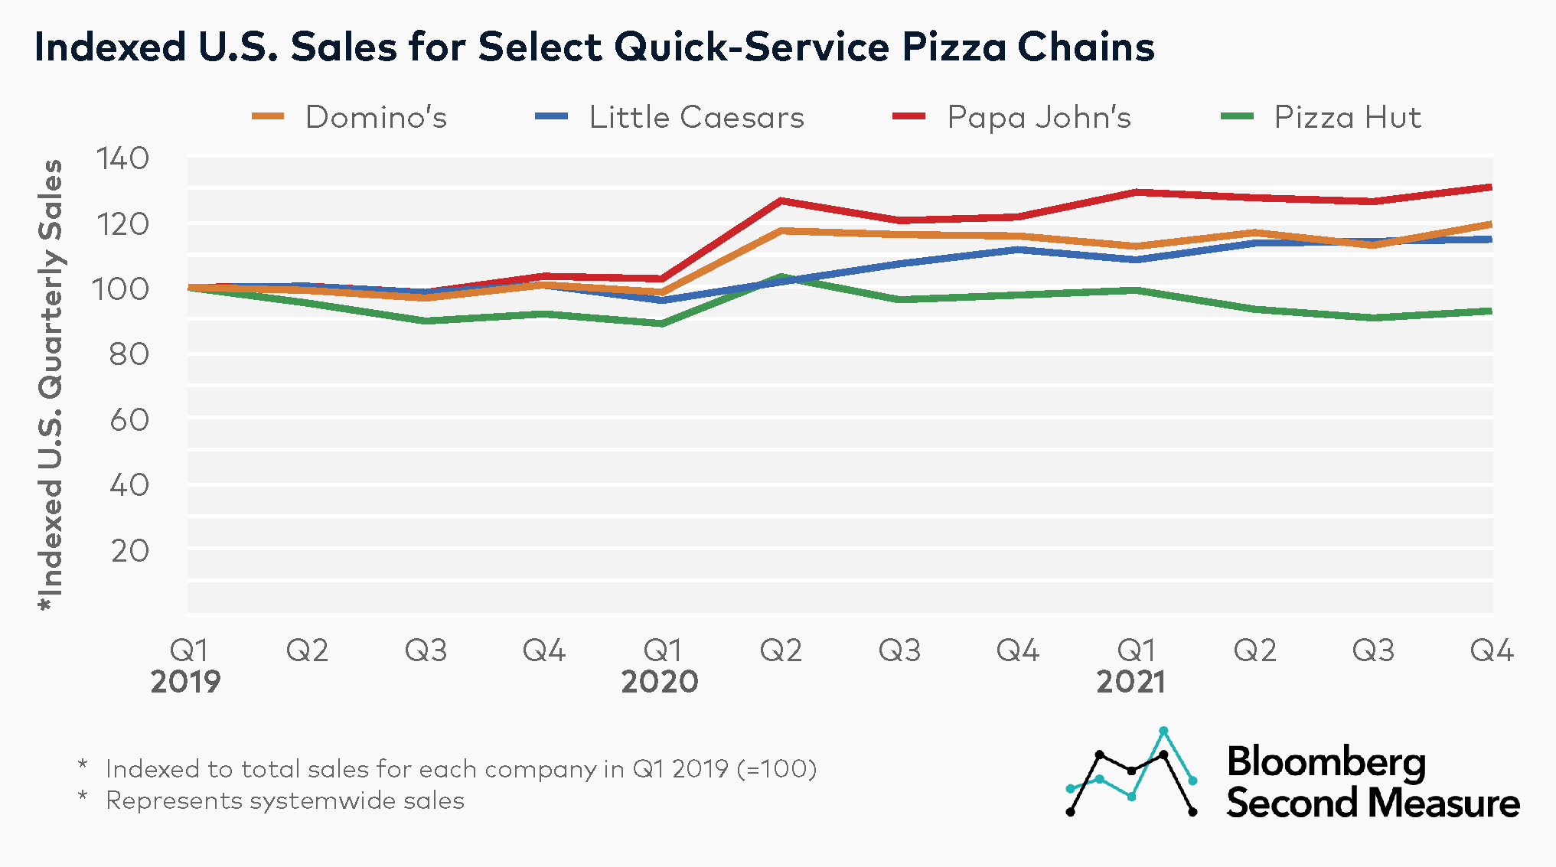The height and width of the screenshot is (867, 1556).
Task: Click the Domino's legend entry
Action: [375, 117]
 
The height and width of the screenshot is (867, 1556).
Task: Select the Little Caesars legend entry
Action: [696, 117]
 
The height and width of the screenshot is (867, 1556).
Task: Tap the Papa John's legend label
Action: [1038, 117]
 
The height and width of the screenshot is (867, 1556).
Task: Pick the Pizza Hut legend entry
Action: [1346, 117]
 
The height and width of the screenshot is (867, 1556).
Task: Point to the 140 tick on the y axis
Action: [122, 159]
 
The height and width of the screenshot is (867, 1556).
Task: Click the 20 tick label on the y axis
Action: [129, 551]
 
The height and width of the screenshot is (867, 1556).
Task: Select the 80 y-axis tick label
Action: [129, 355]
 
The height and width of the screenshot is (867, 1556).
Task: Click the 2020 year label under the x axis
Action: [660, 682]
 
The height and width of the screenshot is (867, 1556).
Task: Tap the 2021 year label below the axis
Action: [1131, 682]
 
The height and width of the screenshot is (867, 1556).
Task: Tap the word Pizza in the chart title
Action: [954, 47]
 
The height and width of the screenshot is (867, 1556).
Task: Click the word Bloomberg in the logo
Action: [1326, 762]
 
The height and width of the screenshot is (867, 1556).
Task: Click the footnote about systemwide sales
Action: [285, 801]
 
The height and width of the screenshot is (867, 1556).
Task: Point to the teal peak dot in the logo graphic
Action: [1163, 731]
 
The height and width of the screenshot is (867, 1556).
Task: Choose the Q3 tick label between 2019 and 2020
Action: [426, 650]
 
